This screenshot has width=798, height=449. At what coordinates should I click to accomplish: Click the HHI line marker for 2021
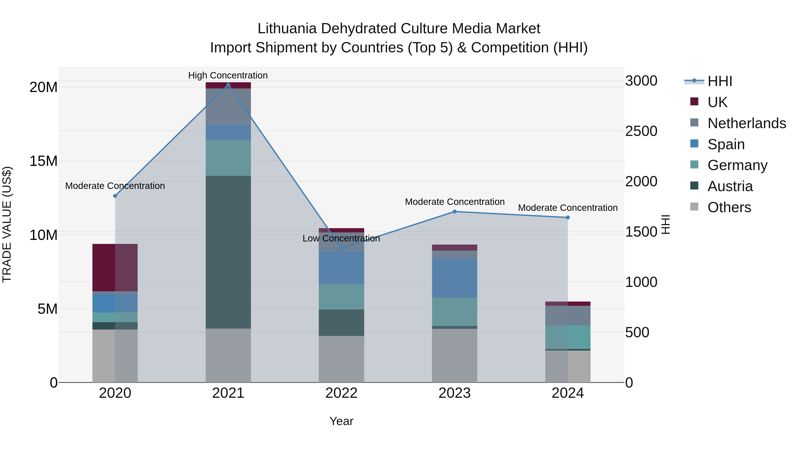tap(228, 85)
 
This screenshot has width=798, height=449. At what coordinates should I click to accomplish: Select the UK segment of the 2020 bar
tap(115, 267)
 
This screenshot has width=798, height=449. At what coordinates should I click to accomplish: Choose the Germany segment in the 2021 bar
tap(228, 158)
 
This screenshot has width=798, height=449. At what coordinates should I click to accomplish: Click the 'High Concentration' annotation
tap(228, 75)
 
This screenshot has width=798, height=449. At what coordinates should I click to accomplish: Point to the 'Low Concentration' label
tap(341, 238)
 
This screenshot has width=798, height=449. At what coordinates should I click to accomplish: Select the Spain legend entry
tap(726, 144)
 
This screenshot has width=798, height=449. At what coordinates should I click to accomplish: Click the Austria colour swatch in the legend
tap(694, 186)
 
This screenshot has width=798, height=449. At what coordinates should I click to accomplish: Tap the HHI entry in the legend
tap(720, 81)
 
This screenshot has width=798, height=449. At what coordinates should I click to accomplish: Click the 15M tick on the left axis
tap(43, 161)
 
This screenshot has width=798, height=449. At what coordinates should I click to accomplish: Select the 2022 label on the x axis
tap(341, 393)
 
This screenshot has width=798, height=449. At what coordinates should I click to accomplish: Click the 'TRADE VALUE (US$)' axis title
tap(7, 224)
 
